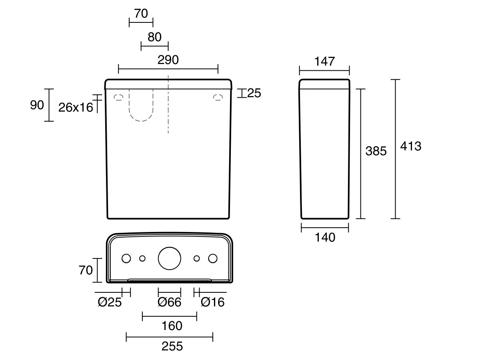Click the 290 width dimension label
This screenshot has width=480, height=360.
(168, 60)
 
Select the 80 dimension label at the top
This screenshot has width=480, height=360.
(154, 37)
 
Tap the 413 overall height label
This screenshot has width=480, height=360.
(411, 146)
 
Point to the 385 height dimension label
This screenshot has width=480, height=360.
(376, 151)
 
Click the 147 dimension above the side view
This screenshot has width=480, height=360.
(324, 62)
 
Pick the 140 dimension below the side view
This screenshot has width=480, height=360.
(324, 238)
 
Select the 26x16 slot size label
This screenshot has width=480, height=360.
(76, 107)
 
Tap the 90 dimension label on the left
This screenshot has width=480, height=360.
(37, 105)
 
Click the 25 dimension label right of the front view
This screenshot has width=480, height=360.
(254, 93)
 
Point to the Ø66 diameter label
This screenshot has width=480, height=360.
(170, 302)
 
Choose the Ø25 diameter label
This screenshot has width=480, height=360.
(110, 302)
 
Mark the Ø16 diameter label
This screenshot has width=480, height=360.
(213, 302)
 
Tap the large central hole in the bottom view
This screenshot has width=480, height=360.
(170, 258)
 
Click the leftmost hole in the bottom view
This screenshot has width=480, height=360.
(126, 258)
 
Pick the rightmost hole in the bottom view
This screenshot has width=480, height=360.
(213, 258)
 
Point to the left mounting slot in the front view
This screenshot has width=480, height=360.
(118, 97)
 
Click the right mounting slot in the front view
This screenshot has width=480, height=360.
(218, 97)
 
